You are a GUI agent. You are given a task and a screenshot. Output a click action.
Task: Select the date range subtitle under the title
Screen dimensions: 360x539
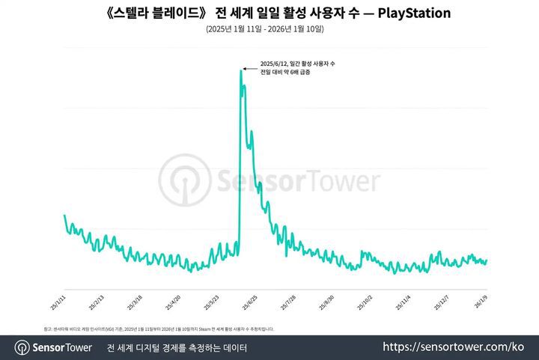tap(269, 29)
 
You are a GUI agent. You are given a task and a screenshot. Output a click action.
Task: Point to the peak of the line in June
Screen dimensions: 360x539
tap(241, 70)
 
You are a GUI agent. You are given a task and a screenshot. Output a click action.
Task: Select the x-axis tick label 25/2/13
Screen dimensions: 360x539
tap(96, 302)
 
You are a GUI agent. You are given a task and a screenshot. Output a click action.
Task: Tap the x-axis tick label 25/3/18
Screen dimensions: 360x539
tap(134, 302)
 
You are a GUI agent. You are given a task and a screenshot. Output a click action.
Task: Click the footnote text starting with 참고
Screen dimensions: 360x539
tap(158, 329)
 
